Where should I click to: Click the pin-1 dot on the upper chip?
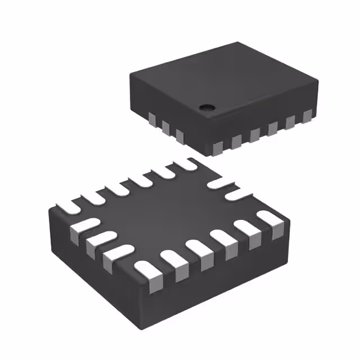[208, 106]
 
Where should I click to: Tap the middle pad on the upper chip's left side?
[165, 127]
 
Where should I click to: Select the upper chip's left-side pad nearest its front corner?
[179, 134]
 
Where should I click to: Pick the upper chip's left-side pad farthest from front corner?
[151, 119]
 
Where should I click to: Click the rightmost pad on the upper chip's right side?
[307, 116]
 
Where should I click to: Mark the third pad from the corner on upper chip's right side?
[254, 134]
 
